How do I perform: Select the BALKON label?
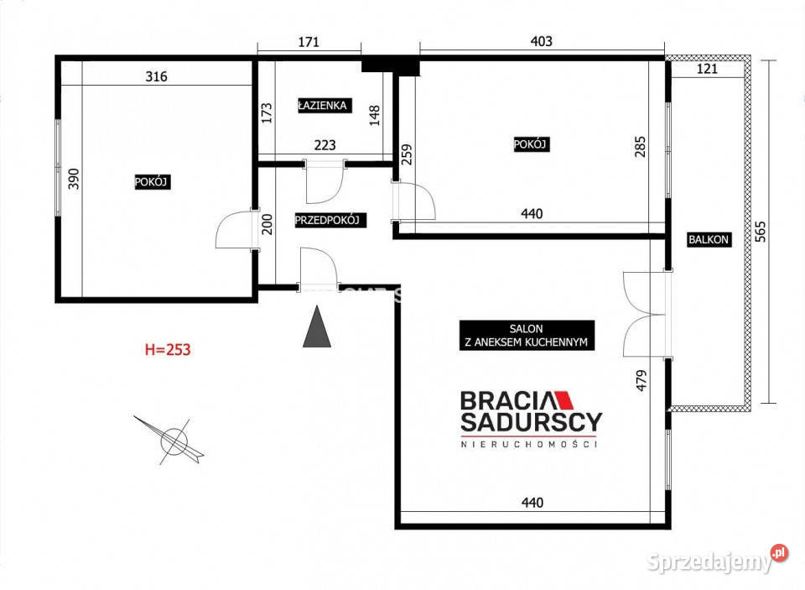[x=709, y=239]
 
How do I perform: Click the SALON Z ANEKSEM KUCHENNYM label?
[x=527, y=335]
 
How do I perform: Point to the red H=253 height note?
[x=168, y=349]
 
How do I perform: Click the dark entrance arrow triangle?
[x=317, y=326]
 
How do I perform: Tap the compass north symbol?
[x=171, y=440]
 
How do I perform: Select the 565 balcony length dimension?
[x=761, y=232]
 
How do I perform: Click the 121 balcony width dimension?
[x=707, y=69]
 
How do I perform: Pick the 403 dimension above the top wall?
[x=541, y=41]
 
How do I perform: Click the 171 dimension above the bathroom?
[x=309, y=42]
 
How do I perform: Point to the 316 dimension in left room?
[x=157, y=76]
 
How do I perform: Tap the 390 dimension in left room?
[x=74, y=179]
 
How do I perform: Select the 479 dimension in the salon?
[x=641, y=381]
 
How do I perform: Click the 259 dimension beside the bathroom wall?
[x=406, y=154]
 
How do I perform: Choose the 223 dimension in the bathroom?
[x=325, y=145]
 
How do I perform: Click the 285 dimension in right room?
[x=640, y=147]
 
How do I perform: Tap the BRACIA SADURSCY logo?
[x=531, y=419]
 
